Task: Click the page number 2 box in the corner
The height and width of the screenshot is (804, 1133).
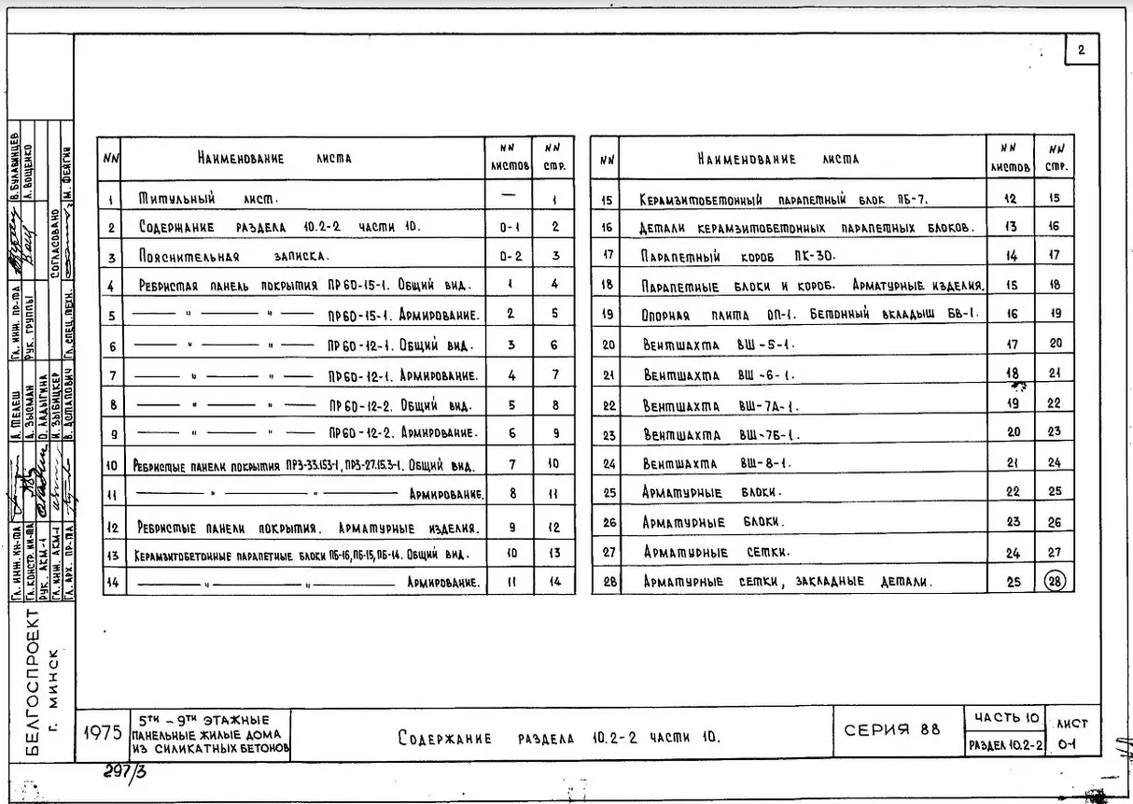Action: tap(1081, 51)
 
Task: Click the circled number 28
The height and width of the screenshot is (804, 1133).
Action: tap(1055, 581)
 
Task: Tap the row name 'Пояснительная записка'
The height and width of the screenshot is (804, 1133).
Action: tap(234, 256)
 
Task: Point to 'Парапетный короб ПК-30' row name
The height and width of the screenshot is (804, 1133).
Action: tap(737, 255)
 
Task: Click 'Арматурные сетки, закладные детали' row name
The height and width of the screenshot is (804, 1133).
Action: tap(786, 582)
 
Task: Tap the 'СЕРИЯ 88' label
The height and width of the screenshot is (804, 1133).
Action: tap(892, 730)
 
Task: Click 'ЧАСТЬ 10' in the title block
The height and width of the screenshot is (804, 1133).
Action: tap(1006, 718)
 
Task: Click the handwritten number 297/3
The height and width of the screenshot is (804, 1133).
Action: tap(127, 772)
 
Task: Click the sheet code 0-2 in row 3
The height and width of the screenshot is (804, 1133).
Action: tap(510, 256)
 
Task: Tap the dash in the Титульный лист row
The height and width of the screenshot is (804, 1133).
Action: tap(509, 195)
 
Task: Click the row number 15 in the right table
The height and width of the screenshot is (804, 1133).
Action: tap(607, 199)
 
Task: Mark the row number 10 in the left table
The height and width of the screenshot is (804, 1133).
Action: tap(111, 465)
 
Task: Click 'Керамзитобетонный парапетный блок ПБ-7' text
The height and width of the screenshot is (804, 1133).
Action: tap(783, 200)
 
